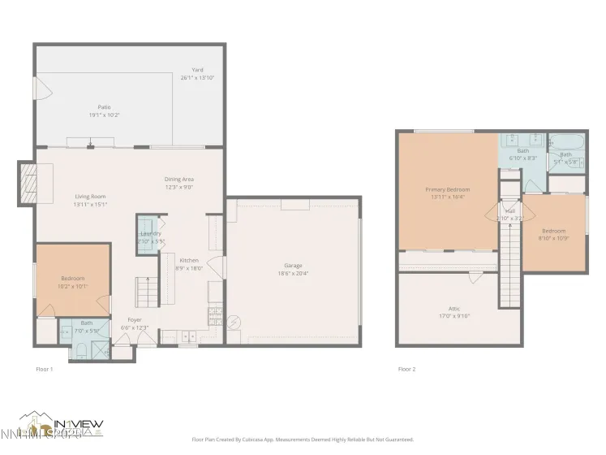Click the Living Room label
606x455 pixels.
point(90,197)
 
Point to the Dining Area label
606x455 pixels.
point(179,179)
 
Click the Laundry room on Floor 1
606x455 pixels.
point(151,236)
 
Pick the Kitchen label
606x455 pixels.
point(188,260)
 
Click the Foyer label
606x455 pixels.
point(135,319)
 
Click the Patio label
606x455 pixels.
point(104,106)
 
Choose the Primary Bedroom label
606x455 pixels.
point(447,189)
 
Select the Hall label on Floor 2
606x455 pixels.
point(509,210)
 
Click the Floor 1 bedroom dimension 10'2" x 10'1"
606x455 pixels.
point(72,286)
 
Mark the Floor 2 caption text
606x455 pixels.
point(406,369)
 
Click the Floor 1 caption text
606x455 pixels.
point(45,369)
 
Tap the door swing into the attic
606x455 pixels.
point(471,279)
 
